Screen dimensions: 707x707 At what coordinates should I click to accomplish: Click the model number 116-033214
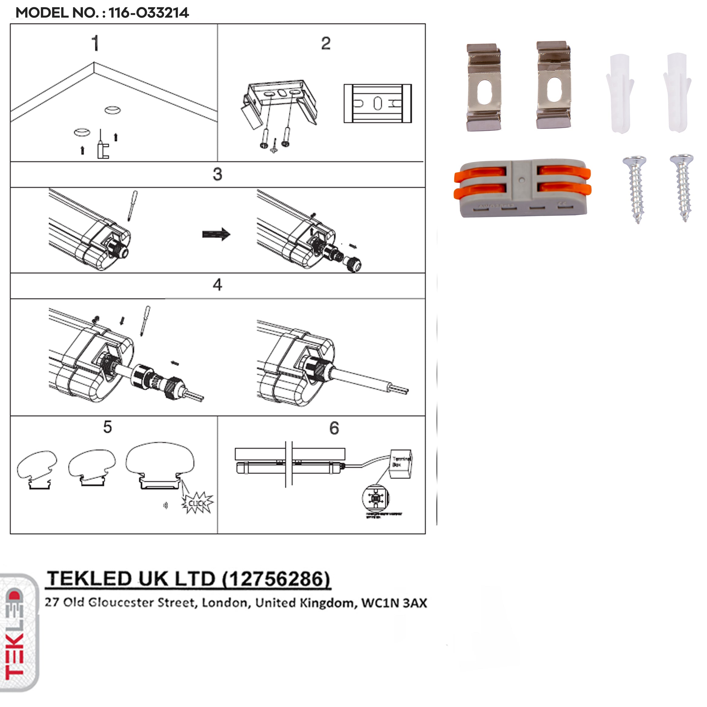(x=149, y=13)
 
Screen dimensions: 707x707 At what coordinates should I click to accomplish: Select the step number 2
(x=326, y=44)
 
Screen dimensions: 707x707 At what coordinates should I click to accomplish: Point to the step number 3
(x=217, y=174)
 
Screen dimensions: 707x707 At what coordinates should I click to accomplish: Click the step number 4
(x=217, y=285)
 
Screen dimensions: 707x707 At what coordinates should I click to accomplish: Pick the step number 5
(x=107, y=427)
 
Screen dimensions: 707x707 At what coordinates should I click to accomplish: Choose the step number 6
(x=334, y=428)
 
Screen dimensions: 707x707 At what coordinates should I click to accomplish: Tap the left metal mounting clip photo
(x=483, y=87)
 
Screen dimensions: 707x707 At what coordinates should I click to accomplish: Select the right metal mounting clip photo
(x=553, y=85)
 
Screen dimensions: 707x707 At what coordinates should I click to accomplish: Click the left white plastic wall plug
(x=620, y=93)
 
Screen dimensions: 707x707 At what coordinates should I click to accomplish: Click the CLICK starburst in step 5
(x=198, y=503)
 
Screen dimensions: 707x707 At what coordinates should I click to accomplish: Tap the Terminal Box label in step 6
(x=401, y=462)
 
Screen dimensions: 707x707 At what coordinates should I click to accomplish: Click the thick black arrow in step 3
(x=216, y=234)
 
